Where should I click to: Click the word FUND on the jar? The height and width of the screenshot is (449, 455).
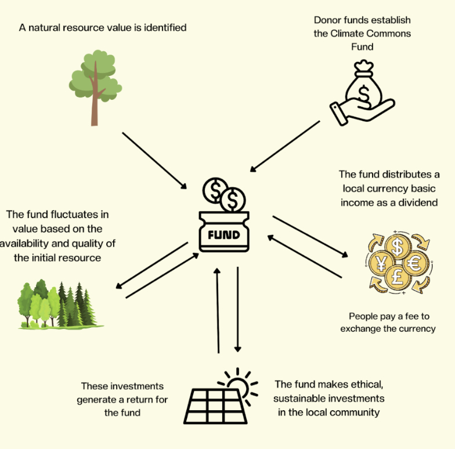pyautogui.click(x=223, y=235)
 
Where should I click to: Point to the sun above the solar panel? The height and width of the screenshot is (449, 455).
pyautogui.click(x=238, y=383)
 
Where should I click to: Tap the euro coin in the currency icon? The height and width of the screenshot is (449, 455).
pyautogui.click(x=416, y=265)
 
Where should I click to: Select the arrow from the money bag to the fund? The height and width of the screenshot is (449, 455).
pyautogui.click(x=286, y=146)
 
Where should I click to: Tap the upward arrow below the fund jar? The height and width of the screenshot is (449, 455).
pyautogui.click(x=218, y=310)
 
